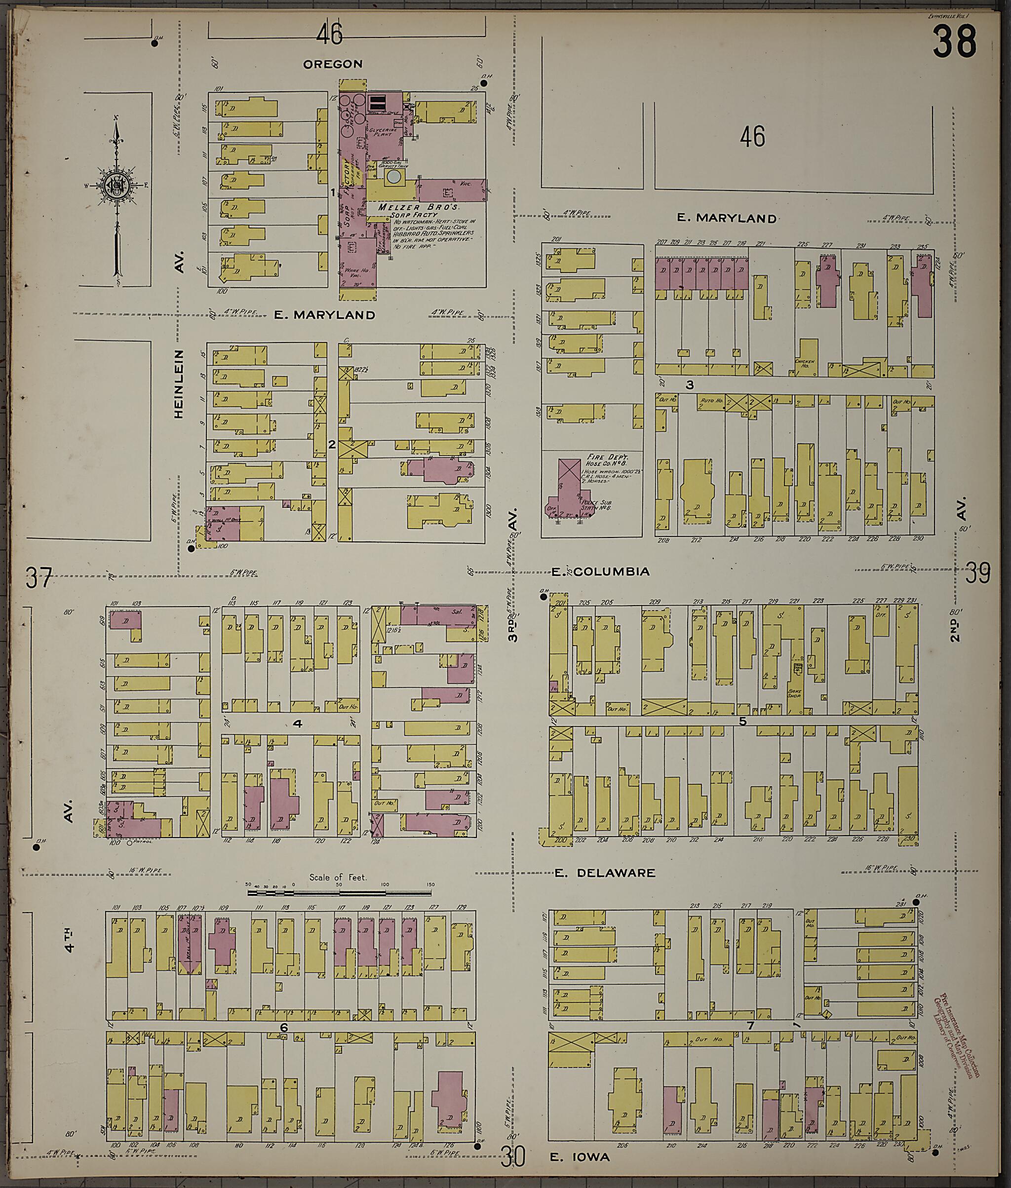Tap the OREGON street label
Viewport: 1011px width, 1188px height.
click(x=333, y=64)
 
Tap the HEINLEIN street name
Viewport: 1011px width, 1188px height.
click(x=178, y=383)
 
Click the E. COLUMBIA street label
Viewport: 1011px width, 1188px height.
click(x=600, y=572)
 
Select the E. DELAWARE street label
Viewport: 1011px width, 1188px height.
click(x=605, y=873)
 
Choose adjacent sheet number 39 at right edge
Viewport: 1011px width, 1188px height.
click(x=978, y=573)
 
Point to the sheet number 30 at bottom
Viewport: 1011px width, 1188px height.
click(x=512, y=1157)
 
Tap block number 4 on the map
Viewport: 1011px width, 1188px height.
click(x=298, y=724)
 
